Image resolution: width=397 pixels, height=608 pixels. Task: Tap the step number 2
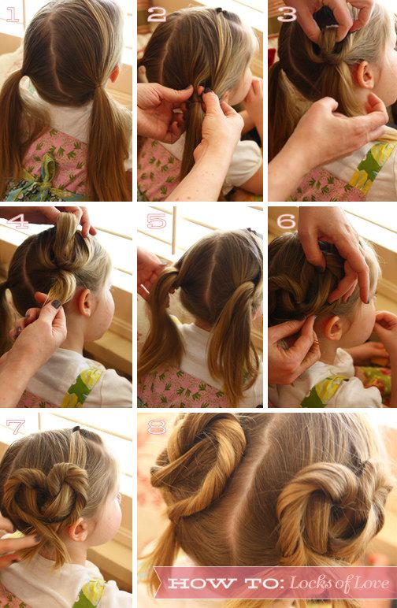point(156,14)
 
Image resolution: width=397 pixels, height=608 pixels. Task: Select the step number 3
point(287,14)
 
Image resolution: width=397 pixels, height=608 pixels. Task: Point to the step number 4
point(17,221)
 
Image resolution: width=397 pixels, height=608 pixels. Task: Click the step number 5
point(156,221)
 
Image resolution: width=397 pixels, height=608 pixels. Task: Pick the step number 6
point(286,221)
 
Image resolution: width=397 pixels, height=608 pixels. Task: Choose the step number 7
point(16,427)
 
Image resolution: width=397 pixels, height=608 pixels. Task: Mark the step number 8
point(157,427)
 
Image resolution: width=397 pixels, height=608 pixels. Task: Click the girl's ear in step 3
point(365,75)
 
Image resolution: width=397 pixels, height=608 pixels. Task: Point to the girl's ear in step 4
point(85,302)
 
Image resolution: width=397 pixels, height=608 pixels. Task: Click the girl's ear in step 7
point(79,530)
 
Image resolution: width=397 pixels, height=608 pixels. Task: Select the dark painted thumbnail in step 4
point(57,304)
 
